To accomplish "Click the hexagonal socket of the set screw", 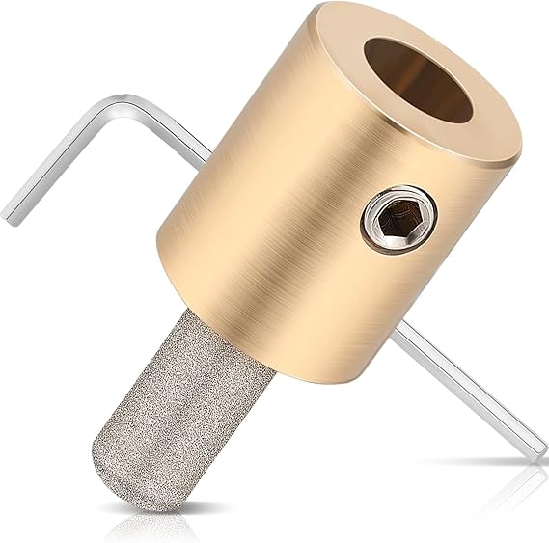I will pos(399,218).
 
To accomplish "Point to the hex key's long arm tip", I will pos(536,453).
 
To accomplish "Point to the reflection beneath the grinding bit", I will pos(145,526).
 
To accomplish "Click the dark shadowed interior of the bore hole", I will pos(434,92).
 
